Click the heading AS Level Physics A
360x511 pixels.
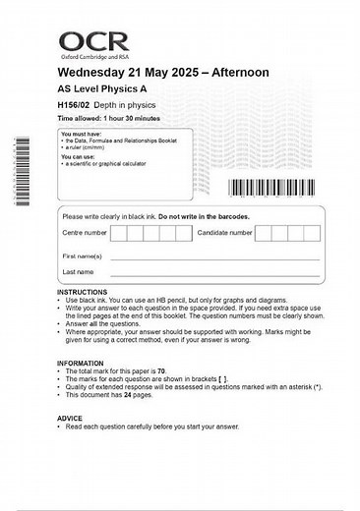point(103,89)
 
